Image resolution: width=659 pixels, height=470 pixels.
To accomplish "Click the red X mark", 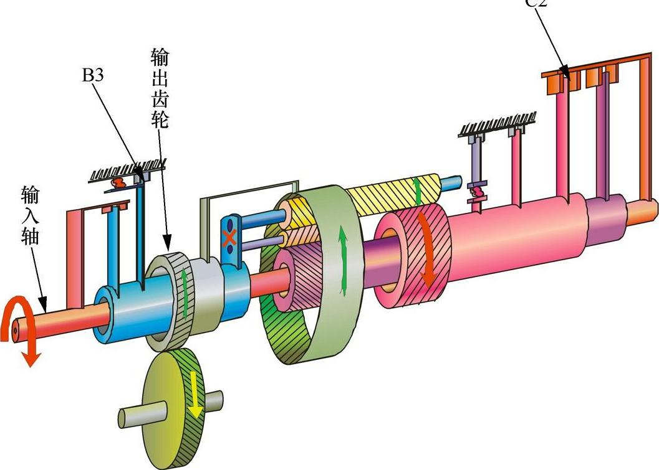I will (230, 238).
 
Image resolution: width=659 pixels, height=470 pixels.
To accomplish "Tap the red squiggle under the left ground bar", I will (119, 183).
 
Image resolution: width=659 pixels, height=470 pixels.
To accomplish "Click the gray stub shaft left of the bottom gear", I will (132, 416).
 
